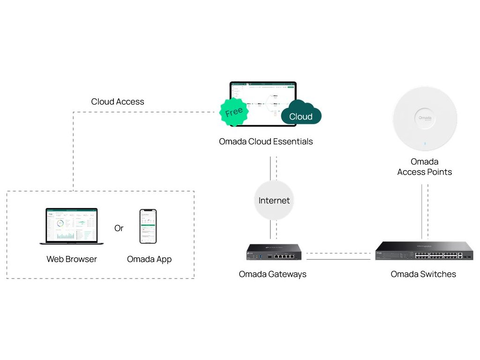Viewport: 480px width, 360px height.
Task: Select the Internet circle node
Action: tap(274, 201)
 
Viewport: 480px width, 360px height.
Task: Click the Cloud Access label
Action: tap(118, 102)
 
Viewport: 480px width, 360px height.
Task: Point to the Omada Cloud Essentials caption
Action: tap(266, 142)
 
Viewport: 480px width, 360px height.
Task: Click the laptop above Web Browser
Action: tap(72, 226)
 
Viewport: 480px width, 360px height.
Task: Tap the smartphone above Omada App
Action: tap(148, 226)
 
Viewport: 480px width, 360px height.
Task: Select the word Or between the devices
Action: tap(119, 228)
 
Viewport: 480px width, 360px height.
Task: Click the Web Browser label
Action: tap(72, 259)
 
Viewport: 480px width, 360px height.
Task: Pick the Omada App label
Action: tap(149, 259)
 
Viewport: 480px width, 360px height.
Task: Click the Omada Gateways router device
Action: tap(274, 253)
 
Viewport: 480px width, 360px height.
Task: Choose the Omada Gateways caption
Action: tap(272, 274)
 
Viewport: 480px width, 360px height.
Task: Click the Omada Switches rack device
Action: tap(424, 251)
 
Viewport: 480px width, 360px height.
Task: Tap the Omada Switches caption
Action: tap(423, 274)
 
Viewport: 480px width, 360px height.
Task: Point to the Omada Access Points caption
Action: tap(425, 167)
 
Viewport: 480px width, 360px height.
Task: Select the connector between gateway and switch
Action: tap(338, 256)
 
